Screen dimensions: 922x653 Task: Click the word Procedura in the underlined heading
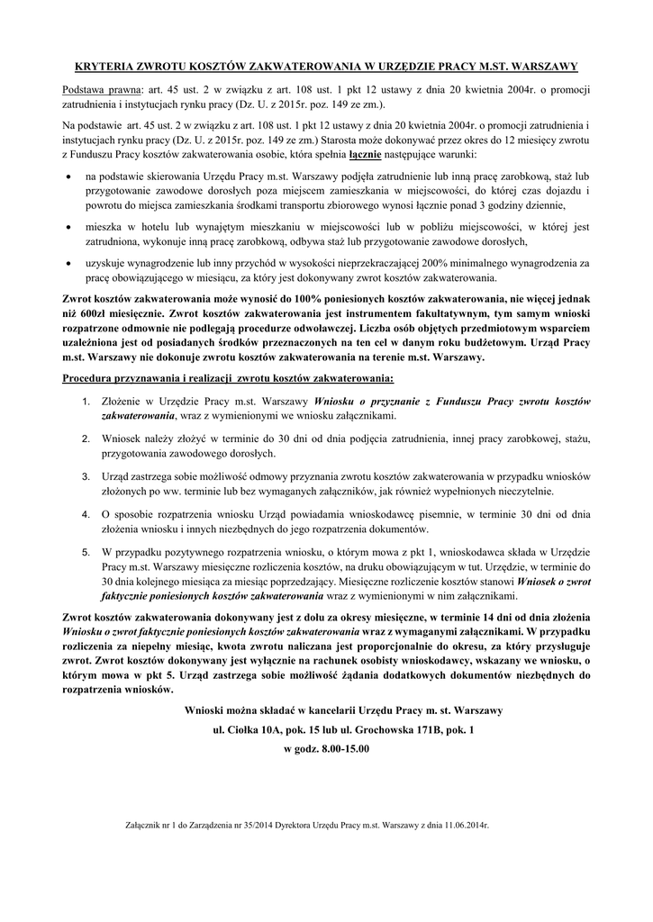pos(90,375)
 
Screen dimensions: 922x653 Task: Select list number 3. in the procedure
pos(86,475)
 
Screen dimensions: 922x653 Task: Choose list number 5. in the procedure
pos(86,550)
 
